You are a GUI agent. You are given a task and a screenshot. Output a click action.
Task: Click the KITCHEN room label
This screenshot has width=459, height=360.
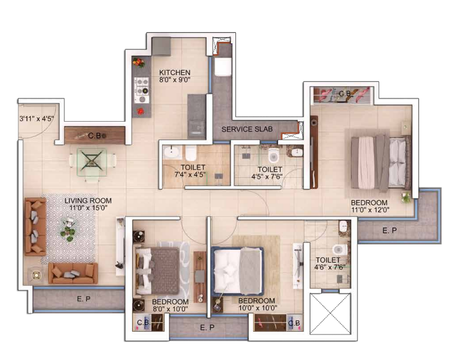175,72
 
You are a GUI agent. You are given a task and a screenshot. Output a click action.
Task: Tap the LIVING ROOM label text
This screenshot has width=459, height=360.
88,201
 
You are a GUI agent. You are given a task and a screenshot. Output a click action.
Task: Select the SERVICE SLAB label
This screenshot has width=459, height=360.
247,129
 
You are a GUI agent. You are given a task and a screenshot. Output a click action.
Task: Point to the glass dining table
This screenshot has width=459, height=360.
92,161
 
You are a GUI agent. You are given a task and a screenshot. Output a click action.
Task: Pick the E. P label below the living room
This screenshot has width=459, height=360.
84,299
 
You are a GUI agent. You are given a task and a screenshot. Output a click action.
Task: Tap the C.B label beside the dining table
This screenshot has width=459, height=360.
95,134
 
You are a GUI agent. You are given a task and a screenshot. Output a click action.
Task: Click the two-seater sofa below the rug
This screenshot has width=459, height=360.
73,273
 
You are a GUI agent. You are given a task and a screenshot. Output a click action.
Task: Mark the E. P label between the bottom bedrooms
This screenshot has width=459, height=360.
207,328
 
